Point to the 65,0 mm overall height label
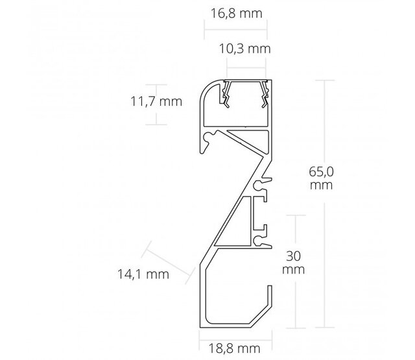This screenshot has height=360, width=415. (322, 178)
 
